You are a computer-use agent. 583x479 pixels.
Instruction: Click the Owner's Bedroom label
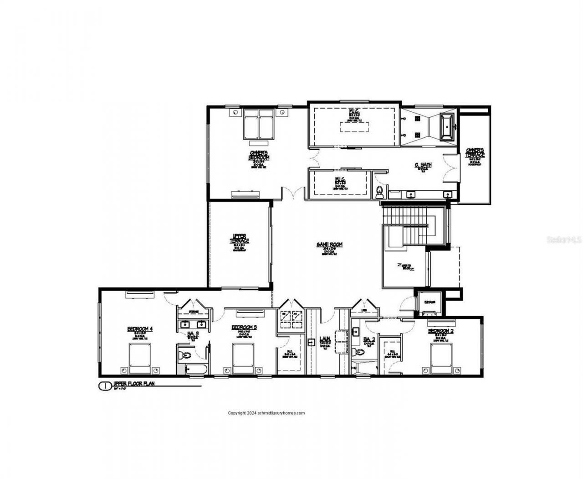pos(259,155)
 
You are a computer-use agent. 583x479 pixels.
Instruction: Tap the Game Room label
pos(329,245)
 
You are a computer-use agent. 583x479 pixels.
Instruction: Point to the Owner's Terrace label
pos(475,152)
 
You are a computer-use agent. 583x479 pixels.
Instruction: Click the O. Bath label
pos(423,165)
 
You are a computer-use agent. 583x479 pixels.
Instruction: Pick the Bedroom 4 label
pos(139,328)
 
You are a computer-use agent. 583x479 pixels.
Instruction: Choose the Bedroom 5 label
pos(244,327)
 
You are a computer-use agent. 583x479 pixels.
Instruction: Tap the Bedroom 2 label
pos(441,331)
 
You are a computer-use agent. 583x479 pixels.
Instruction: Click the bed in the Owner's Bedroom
pos(258,124)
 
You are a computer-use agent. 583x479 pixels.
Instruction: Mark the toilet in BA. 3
pos(185,354)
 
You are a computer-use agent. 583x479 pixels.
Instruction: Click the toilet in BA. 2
pos(359,352)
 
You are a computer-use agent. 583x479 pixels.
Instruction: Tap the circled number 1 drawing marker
pos(104,386)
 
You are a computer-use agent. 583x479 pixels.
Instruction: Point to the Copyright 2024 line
pos(266,413)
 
